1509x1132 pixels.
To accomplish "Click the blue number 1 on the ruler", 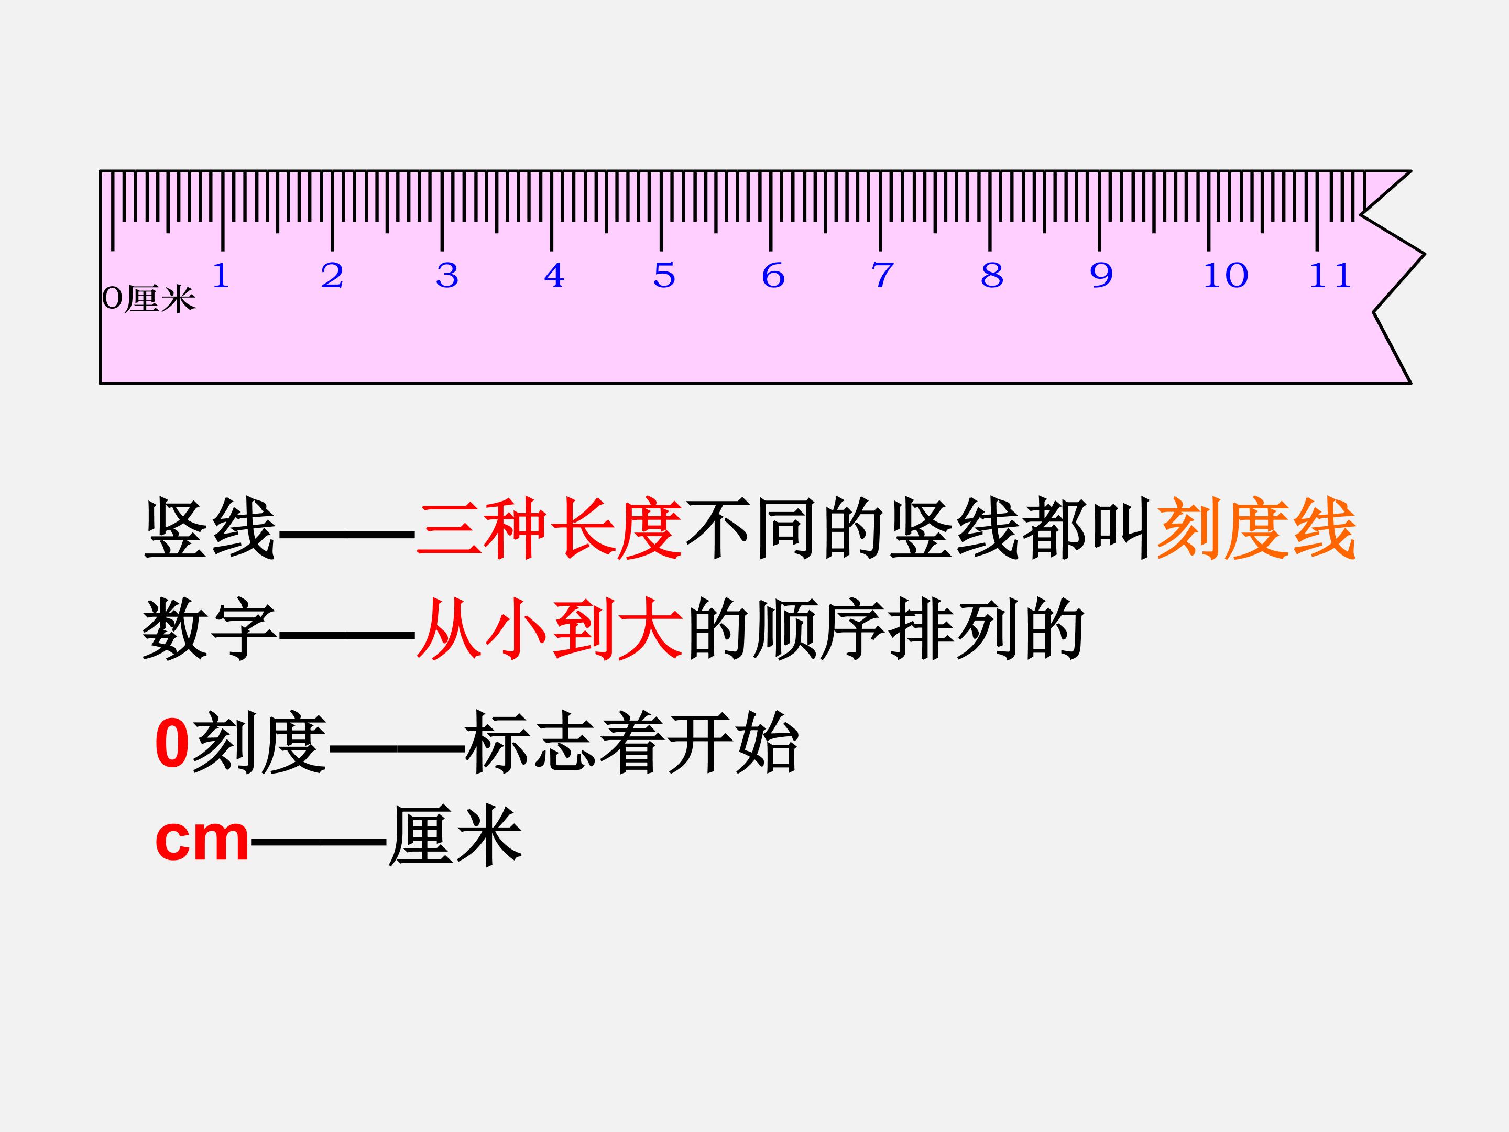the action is pos(221,276).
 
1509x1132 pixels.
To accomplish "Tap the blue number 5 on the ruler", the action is pos(664,276).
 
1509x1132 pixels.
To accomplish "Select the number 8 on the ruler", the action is pos(992,276).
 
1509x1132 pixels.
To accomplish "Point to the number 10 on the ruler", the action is pos(1225,276).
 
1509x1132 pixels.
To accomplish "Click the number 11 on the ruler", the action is pos(1330,276).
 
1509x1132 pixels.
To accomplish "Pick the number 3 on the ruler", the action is pos(447,276).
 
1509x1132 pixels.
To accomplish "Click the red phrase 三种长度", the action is pos(549,529).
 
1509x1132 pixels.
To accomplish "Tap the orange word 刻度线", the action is pos(1256,529).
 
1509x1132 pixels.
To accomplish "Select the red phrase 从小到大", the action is pos(549,628).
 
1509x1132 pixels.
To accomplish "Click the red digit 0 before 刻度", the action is pos(172,744).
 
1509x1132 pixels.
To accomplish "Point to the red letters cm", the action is pos(202,840).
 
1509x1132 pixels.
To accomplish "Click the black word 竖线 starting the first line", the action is pos(210,529).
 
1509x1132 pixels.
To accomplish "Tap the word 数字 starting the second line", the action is pos(210,628).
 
